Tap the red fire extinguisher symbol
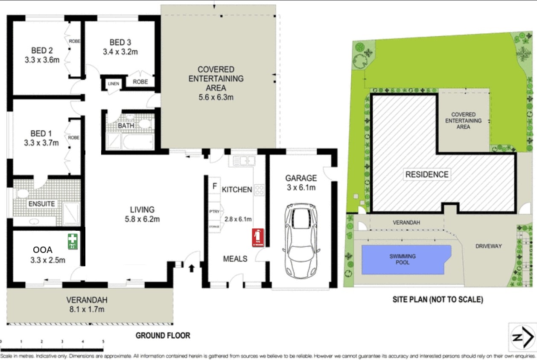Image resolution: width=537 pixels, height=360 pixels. tap(258, 238)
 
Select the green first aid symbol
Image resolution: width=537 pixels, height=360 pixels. tap(73, 241)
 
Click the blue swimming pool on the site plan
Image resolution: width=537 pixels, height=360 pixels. tap(406, 259)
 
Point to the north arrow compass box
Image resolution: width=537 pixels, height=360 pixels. tap(523, 337)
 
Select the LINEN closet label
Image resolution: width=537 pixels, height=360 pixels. tap(113, 84)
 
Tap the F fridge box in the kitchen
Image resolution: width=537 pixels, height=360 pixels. tap(215, 186)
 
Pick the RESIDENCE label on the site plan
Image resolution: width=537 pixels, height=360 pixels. tap(427, 174)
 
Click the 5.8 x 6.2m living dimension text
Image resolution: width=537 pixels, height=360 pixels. tap(142, 219)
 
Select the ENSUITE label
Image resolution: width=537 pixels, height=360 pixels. tap(42, 204)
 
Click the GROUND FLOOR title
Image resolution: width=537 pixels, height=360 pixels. tap(163, 336)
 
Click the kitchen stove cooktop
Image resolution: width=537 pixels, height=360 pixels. tap(260, 190)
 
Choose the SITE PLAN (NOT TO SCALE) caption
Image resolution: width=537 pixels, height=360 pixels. tap(438, 300)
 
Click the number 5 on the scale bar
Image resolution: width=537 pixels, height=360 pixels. tap(103, 342)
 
